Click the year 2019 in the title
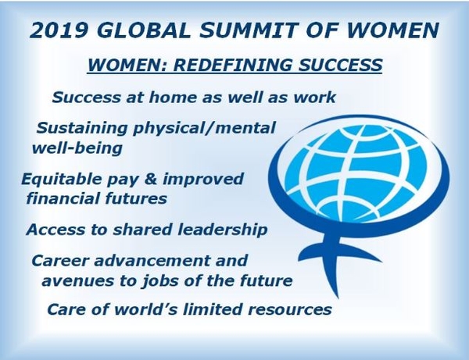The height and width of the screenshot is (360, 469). tap(59, 30)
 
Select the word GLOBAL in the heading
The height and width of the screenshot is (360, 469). tap(144, 30)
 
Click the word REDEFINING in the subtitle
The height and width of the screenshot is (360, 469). tap(232, 65)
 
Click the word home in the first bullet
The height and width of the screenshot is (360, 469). tap(173, 98)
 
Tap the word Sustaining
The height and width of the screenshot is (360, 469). tap(82, 128)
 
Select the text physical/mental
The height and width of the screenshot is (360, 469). tap(204, 128)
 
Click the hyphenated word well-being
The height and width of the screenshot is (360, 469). tap(77, 148)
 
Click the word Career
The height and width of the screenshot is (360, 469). tap(60, 260)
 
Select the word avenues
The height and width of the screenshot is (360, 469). tap(79, 281)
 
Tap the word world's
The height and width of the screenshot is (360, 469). tap(147, 308)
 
